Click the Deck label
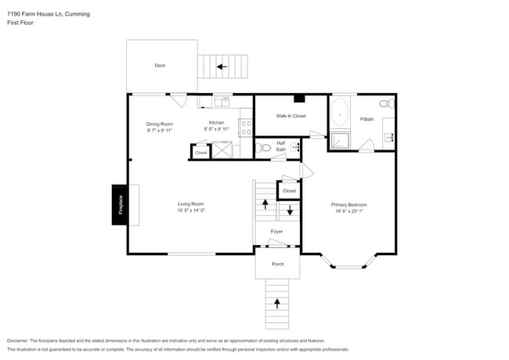160,66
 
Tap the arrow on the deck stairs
222,67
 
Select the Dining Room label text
159,124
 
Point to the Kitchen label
216,123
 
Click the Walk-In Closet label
291,116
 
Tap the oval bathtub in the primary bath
340,113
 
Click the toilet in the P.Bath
385,104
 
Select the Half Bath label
280,146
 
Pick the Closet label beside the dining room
201,153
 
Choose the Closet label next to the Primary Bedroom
289,190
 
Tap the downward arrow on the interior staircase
290,210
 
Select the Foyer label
276,232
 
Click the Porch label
277,264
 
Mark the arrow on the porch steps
276,301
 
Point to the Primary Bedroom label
349,204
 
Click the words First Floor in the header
20,23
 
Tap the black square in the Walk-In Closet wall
298,99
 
